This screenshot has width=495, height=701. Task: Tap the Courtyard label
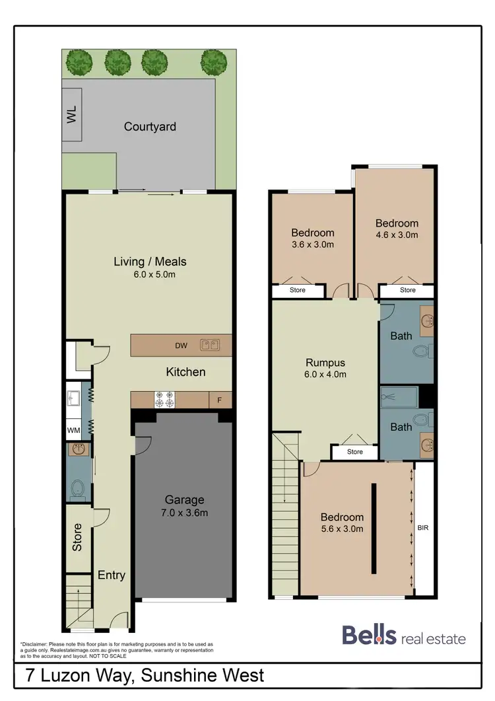150,126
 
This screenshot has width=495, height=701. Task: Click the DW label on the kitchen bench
181,345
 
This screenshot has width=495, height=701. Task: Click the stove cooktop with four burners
164,400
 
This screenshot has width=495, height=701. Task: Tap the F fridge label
219,400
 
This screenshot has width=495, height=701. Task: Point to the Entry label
111,575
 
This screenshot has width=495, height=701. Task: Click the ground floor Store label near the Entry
77,537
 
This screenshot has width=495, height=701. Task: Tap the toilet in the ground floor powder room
77,488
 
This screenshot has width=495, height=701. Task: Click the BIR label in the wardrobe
422,528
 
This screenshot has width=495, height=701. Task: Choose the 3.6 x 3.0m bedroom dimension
312,244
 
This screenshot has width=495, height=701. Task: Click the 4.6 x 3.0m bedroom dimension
396,235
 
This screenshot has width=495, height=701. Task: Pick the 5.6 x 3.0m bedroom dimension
342,529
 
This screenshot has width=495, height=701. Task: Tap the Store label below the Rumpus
354,452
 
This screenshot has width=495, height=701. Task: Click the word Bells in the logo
369,636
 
